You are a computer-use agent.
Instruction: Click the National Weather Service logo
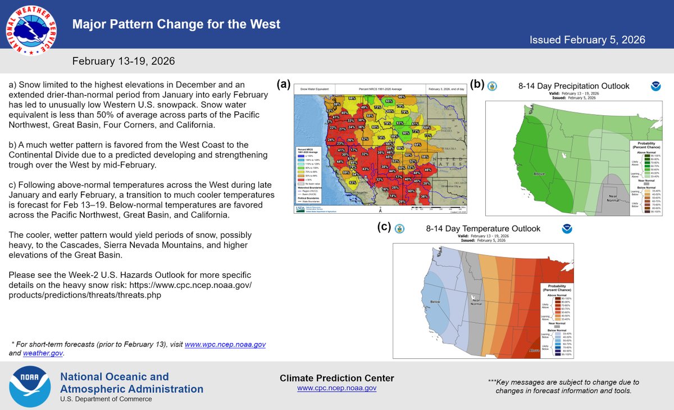30,31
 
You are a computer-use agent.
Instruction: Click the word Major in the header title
88,25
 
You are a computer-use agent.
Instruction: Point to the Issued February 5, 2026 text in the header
588,40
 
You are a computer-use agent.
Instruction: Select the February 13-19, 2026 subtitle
123,61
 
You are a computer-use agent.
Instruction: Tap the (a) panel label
283,84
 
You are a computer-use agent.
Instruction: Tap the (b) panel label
477,84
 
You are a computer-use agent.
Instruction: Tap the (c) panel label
384,227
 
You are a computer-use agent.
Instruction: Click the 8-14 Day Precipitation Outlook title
573,86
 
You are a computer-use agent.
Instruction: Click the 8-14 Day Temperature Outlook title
483,229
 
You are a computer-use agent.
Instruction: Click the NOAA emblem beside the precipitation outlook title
655,86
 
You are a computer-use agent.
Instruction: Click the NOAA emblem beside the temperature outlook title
566,229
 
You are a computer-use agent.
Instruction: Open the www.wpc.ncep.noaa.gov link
225,344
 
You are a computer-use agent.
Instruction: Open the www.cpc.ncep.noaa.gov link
336,388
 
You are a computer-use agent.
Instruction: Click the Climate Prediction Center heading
336,378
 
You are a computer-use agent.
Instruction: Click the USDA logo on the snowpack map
300,209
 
